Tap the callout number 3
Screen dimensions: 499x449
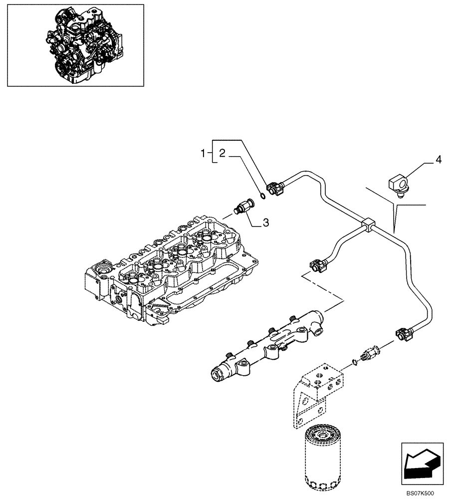(266, 223)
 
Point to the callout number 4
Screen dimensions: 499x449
(438, 160)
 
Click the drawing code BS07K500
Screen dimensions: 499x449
(420, 493)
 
